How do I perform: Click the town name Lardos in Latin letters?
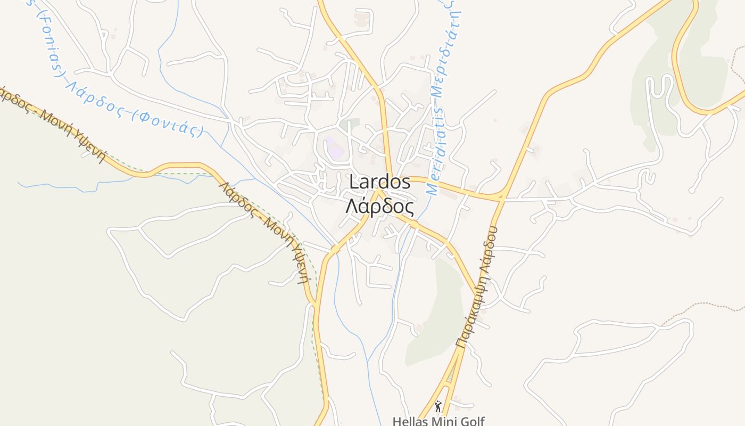(379, 182)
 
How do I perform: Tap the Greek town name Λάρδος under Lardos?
(379, 206)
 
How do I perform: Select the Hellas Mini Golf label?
(438, 421)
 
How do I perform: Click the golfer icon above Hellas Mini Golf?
(438, 407)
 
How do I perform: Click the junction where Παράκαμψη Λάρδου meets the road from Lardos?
(500, 197)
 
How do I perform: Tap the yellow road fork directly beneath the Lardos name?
(378, 190)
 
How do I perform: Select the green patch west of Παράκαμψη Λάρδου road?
(434, 314)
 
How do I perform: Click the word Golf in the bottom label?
(470, 421)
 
